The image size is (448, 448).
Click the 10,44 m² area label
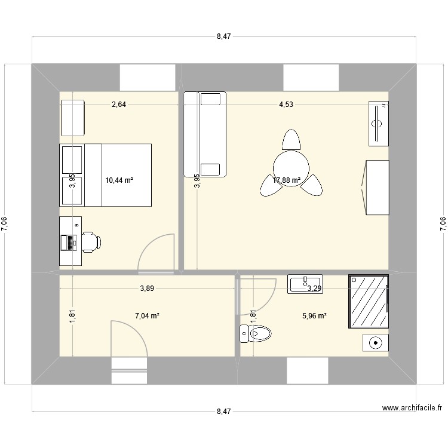[x=119, y=179]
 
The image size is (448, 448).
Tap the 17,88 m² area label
[x=287, y=179]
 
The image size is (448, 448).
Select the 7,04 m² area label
[x=146, y=316]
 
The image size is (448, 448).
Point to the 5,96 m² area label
[x=314, y=316]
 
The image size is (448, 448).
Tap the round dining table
[x=291, y=164]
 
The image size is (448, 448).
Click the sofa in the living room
[x=205, y=134]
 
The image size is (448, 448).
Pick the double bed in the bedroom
[x=116, y=175]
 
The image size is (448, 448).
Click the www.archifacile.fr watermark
[x=412, y=409]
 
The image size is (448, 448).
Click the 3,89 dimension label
[x=147, y=289]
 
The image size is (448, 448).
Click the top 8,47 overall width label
[x=223, y=36]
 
